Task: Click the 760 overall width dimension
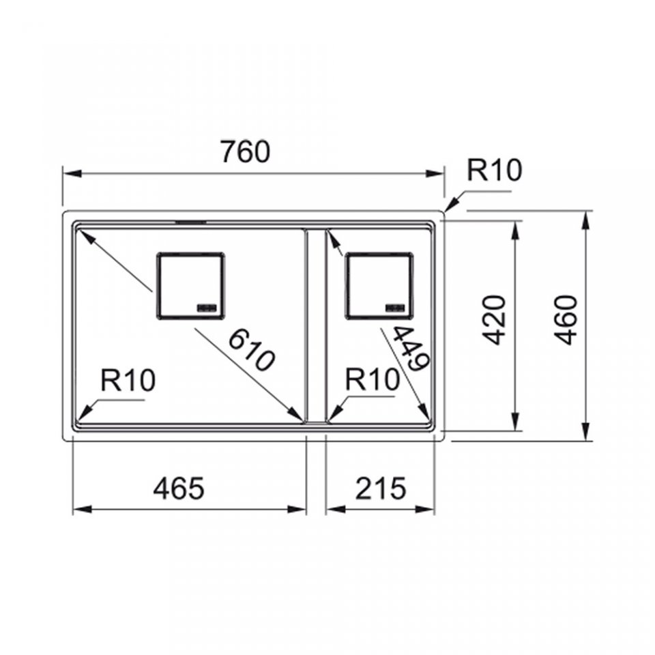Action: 246,151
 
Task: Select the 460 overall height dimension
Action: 567,320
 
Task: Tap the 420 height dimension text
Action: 495,320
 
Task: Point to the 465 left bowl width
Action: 179,488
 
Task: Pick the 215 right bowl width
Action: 381,488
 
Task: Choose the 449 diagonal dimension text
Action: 411,348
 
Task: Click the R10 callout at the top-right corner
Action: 494,170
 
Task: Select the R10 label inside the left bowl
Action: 128,380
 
